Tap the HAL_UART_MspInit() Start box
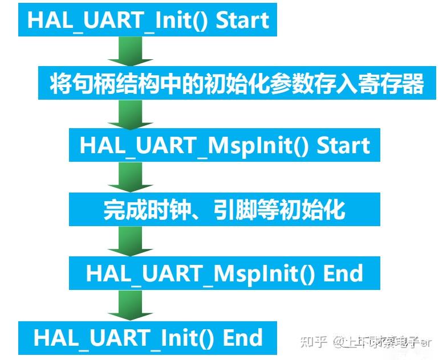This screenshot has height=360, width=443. coord(225,145)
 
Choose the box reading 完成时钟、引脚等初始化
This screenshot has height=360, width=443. coord(225,210)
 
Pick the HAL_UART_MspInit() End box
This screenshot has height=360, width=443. coord(225,273)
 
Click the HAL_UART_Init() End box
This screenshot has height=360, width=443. coord(148,337)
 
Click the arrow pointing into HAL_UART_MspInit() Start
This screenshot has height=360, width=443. coord(130,116)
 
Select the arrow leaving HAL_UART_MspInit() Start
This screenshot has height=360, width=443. coord(130,178)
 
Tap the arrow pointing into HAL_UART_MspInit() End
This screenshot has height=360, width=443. coord(130,242)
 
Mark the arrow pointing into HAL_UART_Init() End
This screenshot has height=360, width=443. coord(130,306)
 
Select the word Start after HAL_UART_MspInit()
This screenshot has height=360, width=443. coord(344,145)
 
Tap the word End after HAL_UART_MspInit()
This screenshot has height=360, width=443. coord(343,273)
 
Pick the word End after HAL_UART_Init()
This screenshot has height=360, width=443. coord(242,337)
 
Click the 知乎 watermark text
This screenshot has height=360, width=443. coord(314,342)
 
